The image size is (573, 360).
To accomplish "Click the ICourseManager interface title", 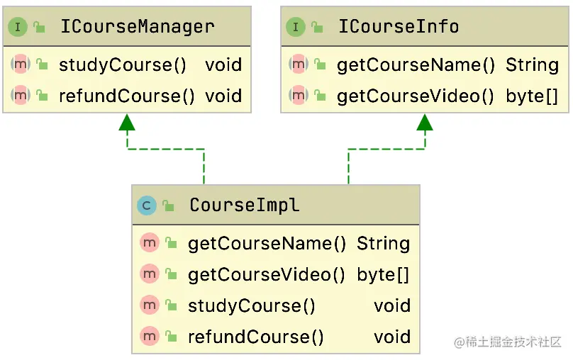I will [137, 27].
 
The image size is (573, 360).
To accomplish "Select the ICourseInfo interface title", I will [399, 27].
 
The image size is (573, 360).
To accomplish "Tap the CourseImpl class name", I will [244, 206].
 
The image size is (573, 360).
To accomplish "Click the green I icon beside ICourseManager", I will [17, 28].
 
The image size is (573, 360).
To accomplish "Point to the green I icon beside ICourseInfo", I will [295, 28].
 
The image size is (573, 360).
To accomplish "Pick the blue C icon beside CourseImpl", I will [147, 206].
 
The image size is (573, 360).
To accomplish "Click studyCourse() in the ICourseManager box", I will [123, 65].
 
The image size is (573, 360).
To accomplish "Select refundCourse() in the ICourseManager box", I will [127, 96].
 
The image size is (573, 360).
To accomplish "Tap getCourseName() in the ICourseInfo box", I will [416, 65].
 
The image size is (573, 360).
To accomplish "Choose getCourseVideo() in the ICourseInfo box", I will [416, 96].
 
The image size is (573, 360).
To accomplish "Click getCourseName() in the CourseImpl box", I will [267, 244].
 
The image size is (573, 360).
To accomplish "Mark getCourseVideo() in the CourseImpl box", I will [267, 275].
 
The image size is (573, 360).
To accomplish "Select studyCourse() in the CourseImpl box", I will [252, 306].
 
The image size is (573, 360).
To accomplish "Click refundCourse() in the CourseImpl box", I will [256, 337].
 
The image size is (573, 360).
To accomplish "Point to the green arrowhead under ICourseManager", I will [127, 123].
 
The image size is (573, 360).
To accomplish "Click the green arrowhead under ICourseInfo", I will [425, 123].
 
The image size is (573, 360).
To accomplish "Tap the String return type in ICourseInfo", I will [532, 65].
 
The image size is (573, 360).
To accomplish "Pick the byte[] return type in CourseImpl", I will [383, 275].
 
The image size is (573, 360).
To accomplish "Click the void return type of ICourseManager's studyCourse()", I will [223, 65].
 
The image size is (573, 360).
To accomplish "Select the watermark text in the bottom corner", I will [508, 342].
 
